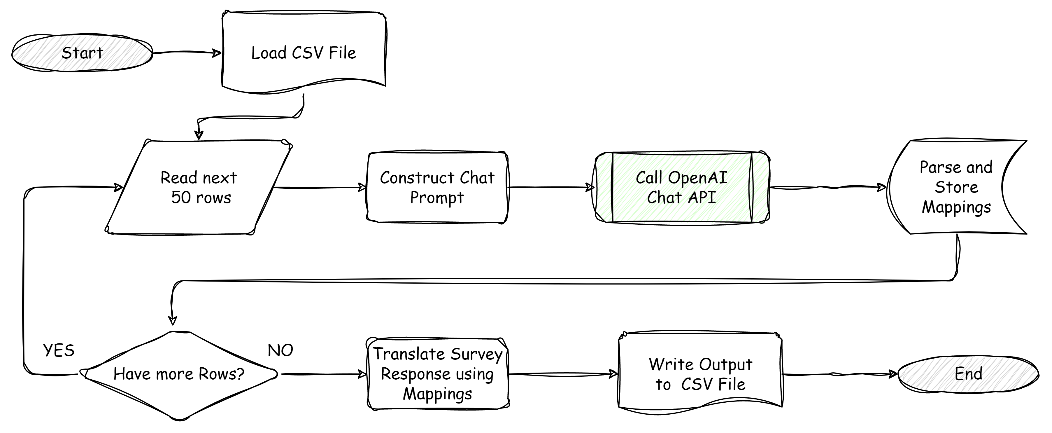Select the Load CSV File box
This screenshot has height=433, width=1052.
pyautogui.click(x=304, y=53)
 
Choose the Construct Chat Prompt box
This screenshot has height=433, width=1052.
pyautogui.click(x=436, y=188)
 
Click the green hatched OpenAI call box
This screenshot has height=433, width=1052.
pyautogui.click(x=682, y=188)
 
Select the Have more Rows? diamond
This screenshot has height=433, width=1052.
pyautogui.click(x=178, y=374)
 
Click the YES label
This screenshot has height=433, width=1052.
pyautogui.click(x=59, y=350)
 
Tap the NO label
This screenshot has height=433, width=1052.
pyautogui.click(x=280, y=350)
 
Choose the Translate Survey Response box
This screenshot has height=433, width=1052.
pyautogui.click(x=437, y=373)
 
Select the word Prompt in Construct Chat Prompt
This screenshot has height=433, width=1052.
pyautogui.click(x=436, y=198)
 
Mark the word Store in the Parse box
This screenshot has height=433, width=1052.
pyautogui.click(x=956, y=188)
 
